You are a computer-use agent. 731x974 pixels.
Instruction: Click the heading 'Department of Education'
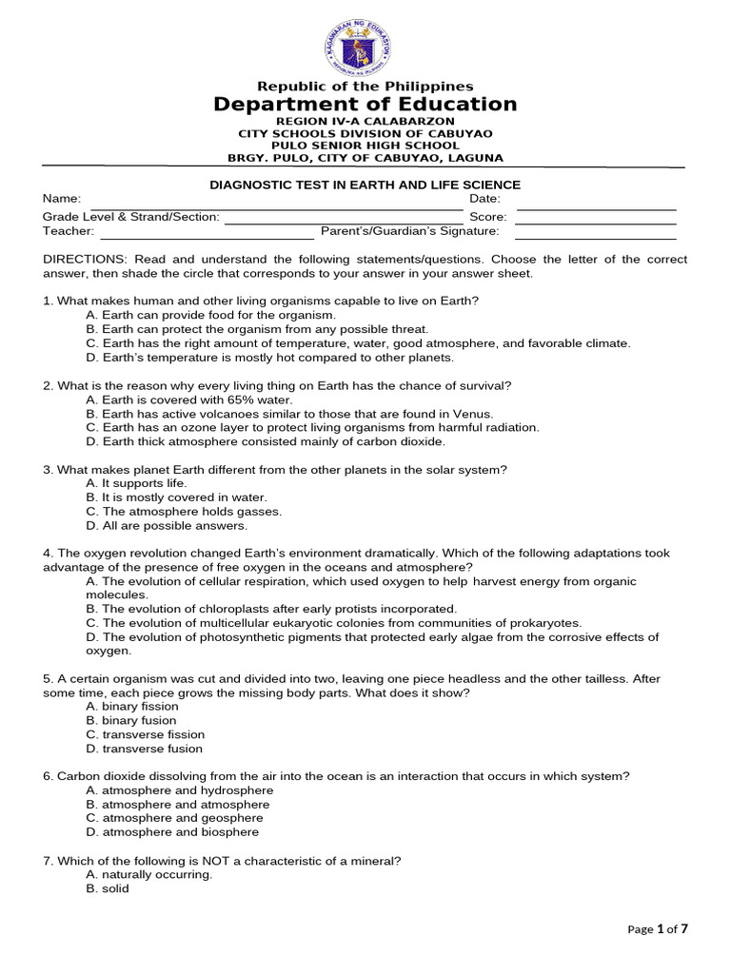[x=365, y=105]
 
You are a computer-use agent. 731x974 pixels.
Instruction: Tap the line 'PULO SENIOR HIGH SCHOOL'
[x=365, y=146]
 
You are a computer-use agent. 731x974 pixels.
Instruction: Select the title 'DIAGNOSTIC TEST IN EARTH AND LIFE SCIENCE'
[x=365, y=185]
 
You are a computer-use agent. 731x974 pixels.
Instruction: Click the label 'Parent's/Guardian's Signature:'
[x=409, y=231]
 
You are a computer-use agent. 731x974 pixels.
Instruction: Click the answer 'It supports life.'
[x=136, y=483]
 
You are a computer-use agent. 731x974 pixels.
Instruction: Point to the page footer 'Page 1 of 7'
[x=658, y=929]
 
